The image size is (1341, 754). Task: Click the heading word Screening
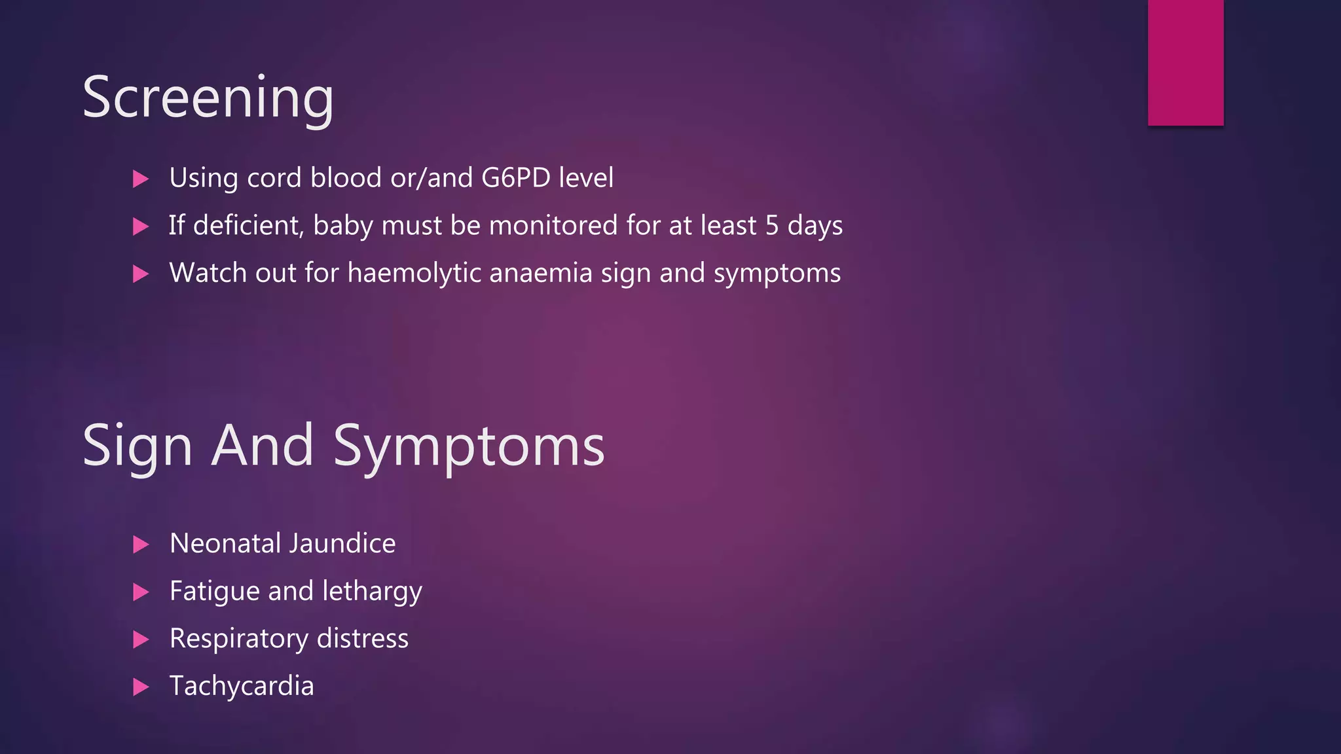point(208,98)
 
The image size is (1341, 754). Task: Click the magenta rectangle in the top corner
point(1185,62)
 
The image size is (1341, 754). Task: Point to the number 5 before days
point(772,226)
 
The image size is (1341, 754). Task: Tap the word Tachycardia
point(242,686)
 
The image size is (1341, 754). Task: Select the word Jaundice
point(342,543)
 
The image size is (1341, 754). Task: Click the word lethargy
point(372,592)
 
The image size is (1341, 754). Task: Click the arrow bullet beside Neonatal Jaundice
point(141,545)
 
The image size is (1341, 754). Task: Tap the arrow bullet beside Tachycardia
point(141,687)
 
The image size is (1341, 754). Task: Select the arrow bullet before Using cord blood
point(141,179)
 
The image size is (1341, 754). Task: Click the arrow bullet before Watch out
point(141,274)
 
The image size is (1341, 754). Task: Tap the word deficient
point(248,226)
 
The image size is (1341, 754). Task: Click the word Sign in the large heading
point(138,446)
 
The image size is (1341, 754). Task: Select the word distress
point(362,639)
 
